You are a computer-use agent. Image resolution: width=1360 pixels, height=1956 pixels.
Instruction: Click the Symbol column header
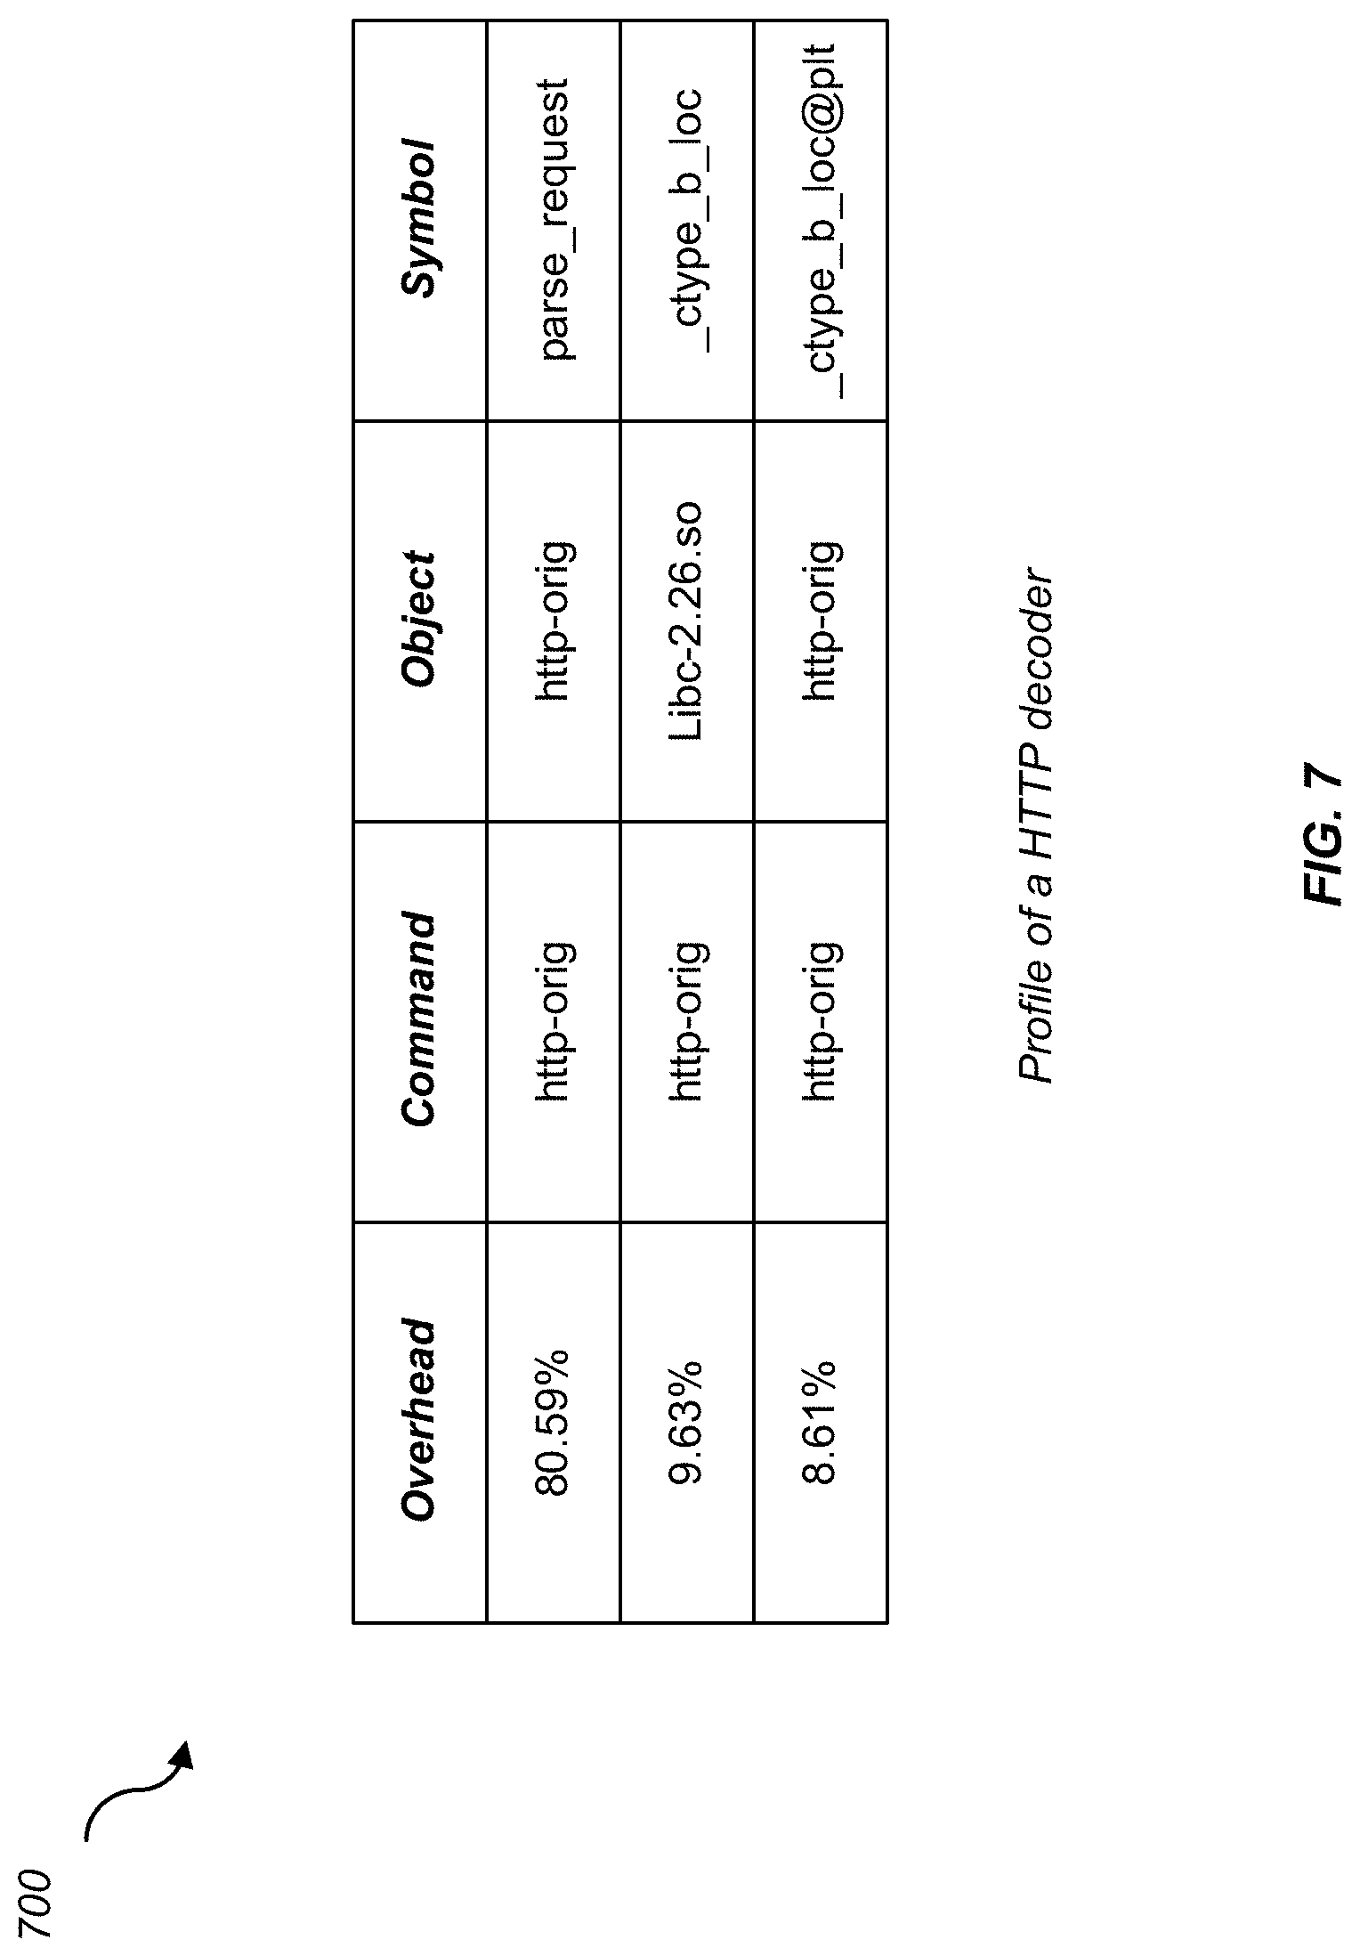[419, 218]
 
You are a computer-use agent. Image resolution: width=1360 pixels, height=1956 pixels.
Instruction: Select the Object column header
[419, 620]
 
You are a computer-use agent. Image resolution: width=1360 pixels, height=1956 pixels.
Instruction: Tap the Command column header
[419, 1020]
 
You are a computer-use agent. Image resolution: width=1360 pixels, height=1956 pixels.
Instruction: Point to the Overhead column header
[419, 1421]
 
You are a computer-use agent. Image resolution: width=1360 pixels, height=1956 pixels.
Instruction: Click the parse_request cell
[554, 220]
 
